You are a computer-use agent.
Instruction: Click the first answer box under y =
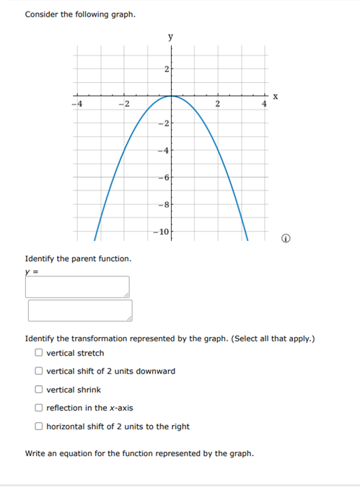pos(77,286)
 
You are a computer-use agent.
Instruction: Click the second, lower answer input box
pos(80,310)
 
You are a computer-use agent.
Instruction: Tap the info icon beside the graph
pos(286,239)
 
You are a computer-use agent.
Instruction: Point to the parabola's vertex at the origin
pos(171,95)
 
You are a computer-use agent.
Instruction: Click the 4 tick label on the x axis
pos(264,105)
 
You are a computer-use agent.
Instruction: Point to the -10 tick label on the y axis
pos(161,232)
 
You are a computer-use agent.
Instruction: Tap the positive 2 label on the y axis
pos(166,69)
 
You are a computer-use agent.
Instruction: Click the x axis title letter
pos(275,96)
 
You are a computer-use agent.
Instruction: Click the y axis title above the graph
pos(171,36)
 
